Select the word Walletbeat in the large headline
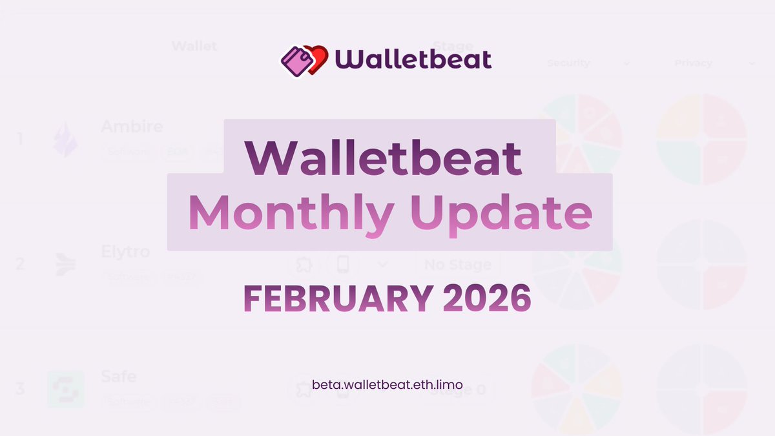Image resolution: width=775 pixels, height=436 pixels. point(384,157)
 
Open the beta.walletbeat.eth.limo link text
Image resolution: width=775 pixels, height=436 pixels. point(387,384)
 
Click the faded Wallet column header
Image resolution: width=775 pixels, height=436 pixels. point(194,47)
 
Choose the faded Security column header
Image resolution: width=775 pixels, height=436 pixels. point(568,63)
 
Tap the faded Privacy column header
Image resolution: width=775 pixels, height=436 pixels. point(693,63)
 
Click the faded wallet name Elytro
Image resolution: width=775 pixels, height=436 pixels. point(125,251)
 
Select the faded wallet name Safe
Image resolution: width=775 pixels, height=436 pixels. point(119,376)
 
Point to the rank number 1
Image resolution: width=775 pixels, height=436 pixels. point(20,139)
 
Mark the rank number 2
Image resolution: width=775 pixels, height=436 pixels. point(20,264)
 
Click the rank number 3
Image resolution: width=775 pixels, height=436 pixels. point(20,389)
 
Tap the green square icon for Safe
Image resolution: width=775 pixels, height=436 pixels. point(66,389)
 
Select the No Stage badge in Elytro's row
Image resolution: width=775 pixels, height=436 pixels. point(458,264)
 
